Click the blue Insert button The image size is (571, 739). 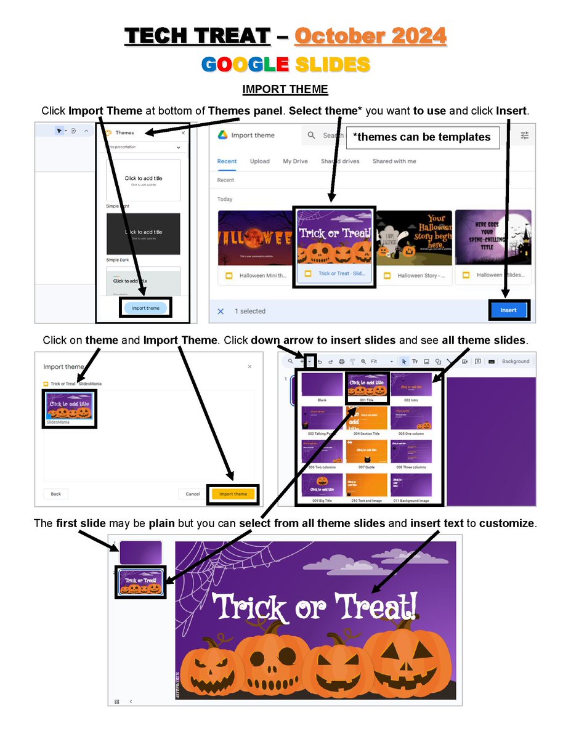point(509,310)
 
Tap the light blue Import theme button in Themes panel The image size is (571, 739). point(145,308)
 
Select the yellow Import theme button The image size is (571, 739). point(233,494)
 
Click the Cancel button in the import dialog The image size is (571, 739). point(193,494)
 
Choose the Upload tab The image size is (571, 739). point(259,161)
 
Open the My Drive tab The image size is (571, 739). point(295,161)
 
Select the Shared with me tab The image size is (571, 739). point(394,161)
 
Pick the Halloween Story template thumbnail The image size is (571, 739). point(414,237)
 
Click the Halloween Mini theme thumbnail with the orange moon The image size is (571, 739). point(254,237)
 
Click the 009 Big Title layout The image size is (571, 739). point(322,485)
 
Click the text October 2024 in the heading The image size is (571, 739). point(370,36)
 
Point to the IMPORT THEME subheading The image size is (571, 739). point(285,90)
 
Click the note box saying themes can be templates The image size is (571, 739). point(422,137)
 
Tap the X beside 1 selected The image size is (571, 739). point(221,311)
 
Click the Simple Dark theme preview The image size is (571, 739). point(143,234)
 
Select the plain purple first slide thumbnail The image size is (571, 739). point(140,552)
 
